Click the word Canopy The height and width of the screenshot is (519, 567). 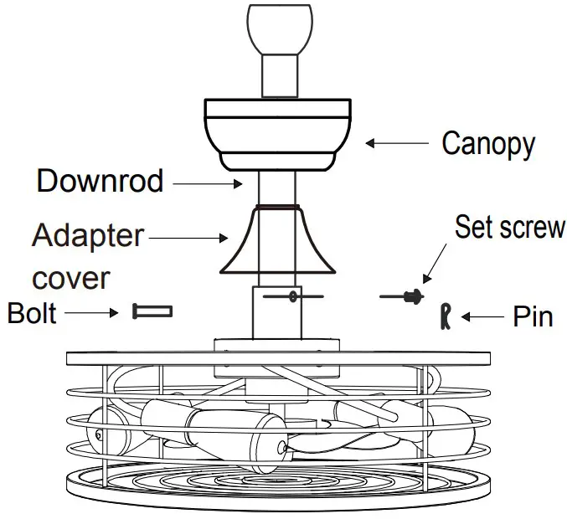coord(487,144)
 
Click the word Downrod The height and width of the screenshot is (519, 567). coord(100,181)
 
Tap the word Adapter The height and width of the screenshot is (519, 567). coord(88,235)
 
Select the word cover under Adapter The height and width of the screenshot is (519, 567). coord(71,277)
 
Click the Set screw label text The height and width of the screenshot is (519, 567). coord(509,227)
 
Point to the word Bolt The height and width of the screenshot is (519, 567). coord(32,312)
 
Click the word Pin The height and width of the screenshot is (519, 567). coord(532,317)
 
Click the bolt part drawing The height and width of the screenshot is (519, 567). coord(152,311)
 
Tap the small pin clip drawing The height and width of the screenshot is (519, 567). coord(446,316)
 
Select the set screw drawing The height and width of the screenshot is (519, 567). coord(406,295)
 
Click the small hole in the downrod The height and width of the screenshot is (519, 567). coord(292,295)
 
